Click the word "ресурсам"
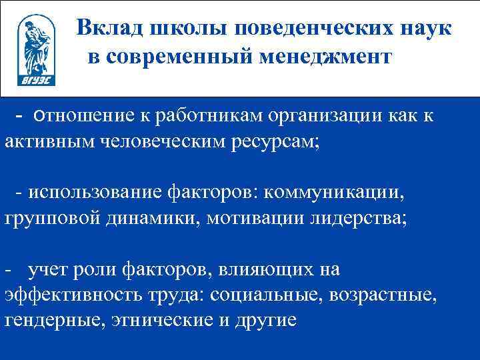tap(275, 142)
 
